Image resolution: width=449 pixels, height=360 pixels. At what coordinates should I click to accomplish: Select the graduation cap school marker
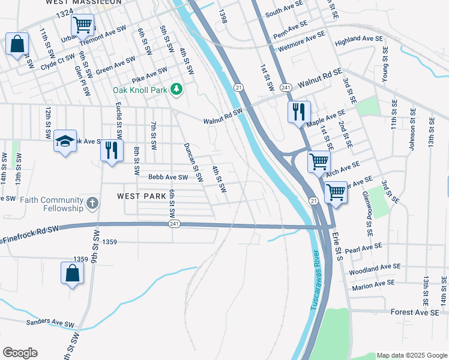point(65,142)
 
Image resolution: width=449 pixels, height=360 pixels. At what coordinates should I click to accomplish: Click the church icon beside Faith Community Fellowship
point(92,203)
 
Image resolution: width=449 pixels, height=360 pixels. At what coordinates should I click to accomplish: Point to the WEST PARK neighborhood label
point(139,196)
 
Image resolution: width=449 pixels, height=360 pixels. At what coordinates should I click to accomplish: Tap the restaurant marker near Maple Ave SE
point(298,112)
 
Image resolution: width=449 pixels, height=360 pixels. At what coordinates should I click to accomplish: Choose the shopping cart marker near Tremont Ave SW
point(82,26)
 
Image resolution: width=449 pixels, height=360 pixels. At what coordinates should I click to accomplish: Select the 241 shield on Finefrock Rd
point(174,224)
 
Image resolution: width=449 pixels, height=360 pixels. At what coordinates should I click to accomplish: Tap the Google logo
point(20,353)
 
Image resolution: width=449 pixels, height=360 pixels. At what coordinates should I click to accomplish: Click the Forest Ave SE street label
point(414,312)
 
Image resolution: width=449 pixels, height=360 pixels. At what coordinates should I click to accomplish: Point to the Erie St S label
point(337,245)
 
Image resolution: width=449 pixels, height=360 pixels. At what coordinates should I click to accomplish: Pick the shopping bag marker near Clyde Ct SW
point(17,44)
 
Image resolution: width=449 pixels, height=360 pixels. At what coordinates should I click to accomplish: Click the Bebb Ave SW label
point(168,177)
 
